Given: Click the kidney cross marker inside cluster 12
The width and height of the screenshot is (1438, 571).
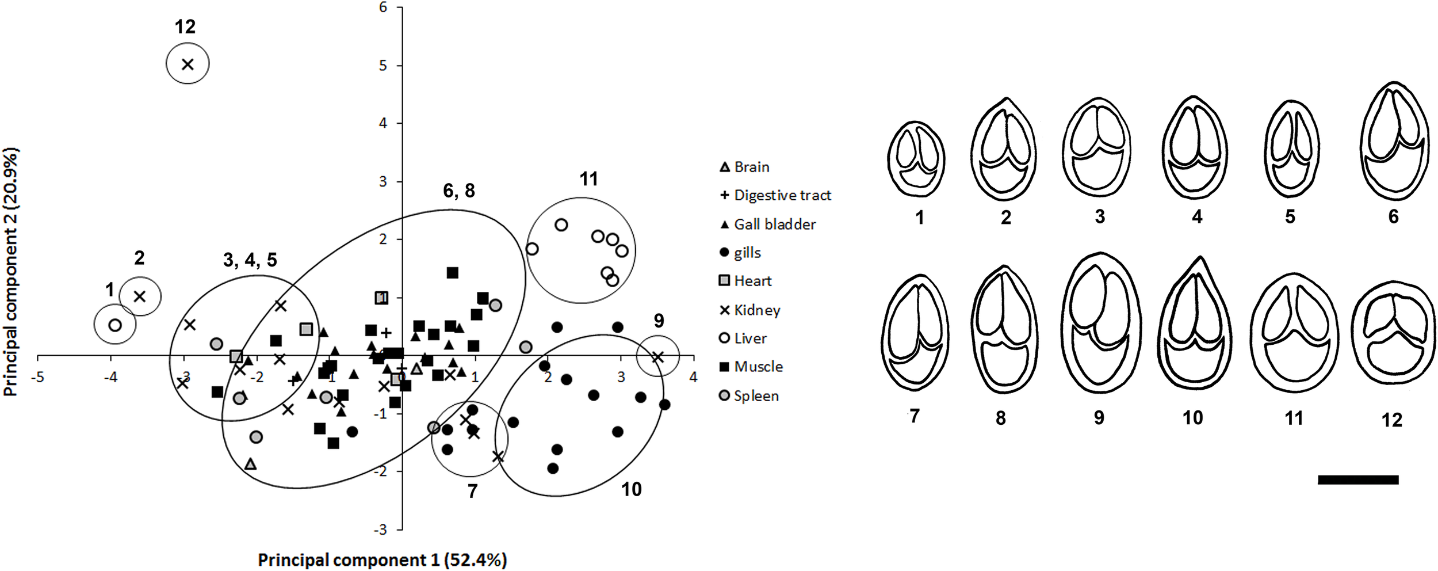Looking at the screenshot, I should pyautogui.click(x=188, y=64).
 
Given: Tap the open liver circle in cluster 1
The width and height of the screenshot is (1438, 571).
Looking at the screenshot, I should pyautogui.click(x=115, y=325).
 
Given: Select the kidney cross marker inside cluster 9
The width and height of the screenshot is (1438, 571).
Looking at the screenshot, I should pyautogui.click(x=658, y=357).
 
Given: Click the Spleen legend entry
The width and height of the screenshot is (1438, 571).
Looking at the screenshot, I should pyautogui.click(x=749, y=396).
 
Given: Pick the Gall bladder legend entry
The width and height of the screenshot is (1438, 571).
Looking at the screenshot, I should pyautogui.click(x=768, y=224).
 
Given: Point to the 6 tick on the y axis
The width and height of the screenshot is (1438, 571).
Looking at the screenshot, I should pyautogui.click(x=383, y=7).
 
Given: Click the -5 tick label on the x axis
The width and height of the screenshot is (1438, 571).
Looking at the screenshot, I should pyautogui.click(x=38, y=378).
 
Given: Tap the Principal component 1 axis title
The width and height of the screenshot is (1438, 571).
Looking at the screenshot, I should pyautogui.click(x=382, y=559).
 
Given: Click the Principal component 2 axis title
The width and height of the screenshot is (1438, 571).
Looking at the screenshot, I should pyautogui.click(x=11, y=272).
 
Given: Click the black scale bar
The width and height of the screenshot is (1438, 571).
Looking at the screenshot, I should pyautogui.click(x=1357, y=479).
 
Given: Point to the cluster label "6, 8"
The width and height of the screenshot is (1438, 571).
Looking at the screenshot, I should pyautogui.click(x=458, y=191).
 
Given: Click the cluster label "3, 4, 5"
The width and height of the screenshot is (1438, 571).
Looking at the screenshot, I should pyautogui.click(x=250, y=260).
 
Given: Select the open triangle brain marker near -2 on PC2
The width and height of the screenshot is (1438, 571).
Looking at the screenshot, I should pyautogui.click(x=250, y=464).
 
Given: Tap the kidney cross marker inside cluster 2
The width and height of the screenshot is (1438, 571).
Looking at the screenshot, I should pyautogui.click(x=140, y=296).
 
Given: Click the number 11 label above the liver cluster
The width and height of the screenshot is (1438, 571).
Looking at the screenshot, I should pyautogui.click(x=588, y=180).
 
